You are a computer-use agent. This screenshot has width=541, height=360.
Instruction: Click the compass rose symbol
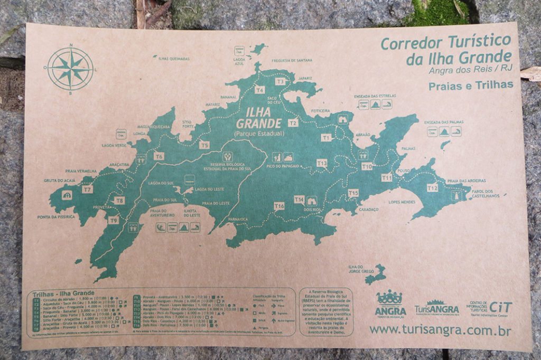tap(70, 69)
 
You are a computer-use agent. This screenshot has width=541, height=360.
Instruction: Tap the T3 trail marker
tap(280, 81)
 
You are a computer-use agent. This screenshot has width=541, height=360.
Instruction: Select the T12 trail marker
tap(432, 187)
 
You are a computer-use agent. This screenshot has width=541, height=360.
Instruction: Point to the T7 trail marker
tap(88, 188)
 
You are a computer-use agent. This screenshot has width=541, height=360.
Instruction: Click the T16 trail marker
tap(279, 205)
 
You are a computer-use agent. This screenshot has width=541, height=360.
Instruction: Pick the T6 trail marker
tap(159, 156)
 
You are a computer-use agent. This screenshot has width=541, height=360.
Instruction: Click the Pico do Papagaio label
tap(283, 166)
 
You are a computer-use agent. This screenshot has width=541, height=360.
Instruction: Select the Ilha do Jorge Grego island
tap(376, 274)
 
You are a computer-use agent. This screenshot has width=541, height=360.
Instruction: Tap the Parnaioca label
tap(239, 219)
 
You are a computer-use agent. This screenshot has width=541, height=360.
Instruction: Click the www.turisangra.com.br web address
tap(440, 330)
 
